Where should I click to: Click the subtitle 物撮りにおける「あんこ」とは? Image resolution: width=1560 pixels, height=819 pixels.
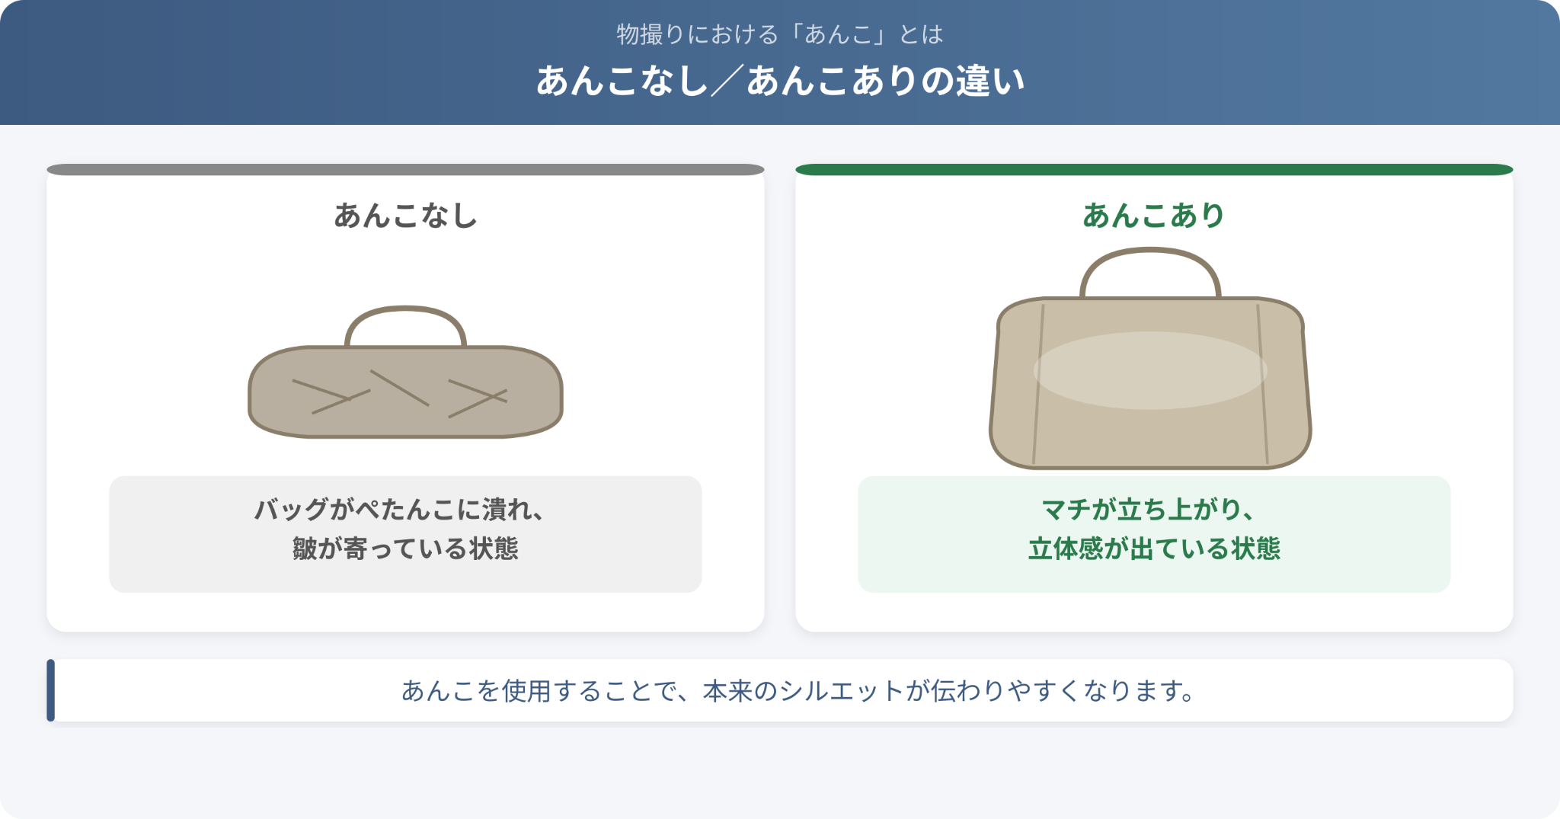[x=780, y=34]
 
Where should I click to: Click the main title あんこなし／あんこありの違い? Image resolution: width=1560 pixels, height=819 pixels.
[x=780, y=81]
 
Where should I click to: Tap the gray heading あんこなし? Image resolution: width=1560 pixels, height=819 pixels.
[x=405, y=216]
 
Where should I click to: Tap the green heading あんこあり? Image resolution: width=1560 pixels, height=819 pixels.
[x=1153, y=216]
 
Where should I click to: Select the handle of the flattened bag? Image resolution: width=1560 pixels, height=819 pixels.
[x=405, y=309]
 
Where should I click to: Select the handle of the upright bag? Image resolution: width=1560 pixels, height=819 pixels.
[x=1150, y=250]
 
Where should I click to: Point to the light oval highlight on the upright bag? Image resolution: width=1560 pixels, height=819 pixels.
[x=1150, y=370]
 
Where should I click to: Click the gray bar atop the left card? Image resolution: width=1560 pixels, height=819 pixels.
[x=405, y=169]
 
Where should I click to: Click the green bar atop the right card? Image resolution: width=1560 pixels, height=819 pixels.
[x=1154, y=169]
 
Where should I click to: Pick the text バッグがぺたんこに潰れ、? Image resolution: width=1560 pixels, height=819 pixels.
[x=399, y=509]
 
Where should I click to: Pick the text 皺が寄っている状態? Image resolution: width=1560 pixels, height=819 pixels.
[x=405, y=549]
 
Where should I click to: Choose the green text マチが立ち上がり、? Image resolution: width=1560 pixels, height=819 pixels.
[x=1148, y=509]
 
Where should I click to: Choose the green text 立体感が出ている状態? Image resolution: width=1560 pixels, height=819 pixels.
[x=1154, y=549]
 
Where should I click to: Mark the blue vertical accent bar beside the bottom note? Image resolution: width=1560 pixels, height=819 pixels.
[x=51, y=690]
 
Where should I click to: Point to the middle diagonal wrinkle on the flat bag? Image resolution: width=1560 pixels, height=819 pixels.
[x=400, y=389]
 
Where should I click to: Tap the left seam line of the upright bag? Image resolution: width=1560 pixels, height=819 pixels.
[x=1038, y=384]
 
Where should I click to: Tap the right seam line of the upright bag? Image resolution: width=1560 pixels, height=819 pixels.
[x=1262, y=384]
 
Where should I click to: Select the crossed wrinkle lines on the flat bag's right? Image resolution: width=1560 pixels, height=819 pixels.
[x=478, y=398]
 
